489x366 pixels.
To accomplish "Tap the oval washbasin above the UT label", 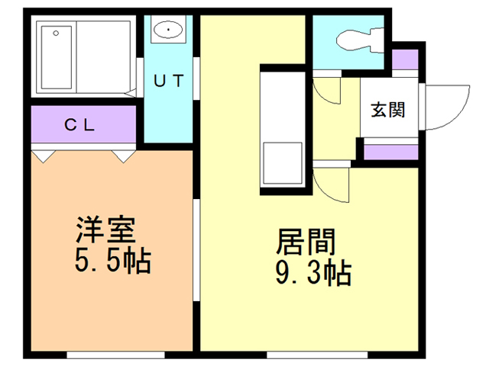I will click(167, 30).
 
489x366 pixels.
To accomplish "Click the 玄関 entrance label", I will click(388, 110).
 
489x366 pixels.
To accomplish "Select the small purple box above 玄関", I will click(405, 59).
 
